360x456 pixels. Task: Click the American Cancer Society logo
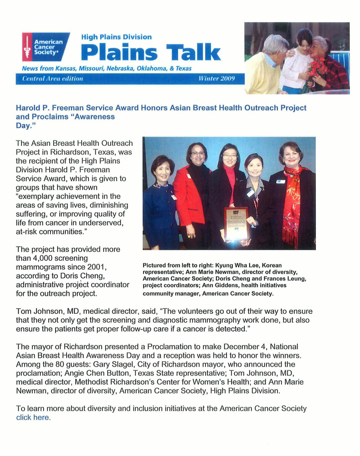click(46, 47)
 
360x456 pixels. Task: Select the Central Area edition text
click(52, 78)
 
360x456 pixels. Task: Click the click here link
click(33, 417)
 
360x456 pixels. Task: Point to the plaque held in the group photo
click(236, 223)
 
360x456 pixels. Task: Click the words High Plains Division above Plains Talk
click(116, 37)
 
